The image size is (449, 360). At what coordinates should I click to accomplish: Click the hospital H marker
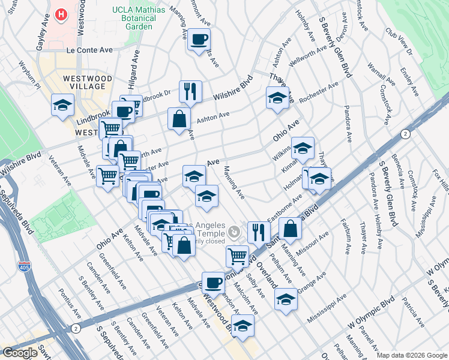pyautogui.click(x=61, y=14)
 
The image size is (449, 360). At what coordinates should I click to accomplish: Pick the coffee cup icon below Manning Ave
pyautogui.click(x=199, y=40)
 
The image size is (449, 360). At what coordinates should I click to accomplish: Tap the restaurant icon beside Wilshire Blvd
pyautogui.click(x=190, y=92)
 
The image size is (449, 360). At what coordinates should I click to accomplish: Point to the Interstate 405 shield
pyautogui.click(x=25, y=265)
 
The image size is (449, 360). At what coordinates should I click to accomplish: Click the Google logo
pyautogui.click(x=20, y=352)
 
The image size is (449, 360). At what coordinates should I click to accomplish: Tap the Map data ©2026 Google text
pyautogui.click(x=411, y=355)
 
